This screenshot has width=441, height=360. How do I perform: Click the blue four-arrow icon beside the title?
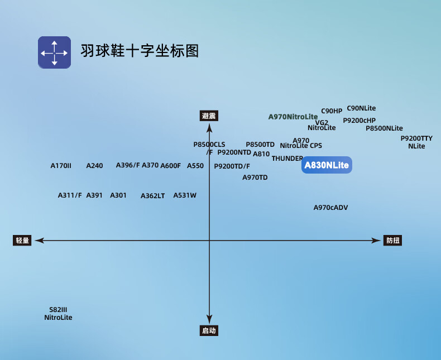pyautogui.click(x=54, y=52)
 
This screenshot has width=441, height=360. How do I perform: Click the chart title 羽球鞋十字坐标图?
pyautogui.click(x=140, y=51)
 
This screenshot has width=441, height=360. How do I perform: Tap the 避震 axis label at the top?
pyautogui.click(x=209, y=116)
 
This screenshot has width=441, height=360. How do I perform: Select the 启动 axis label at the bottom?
pyautogui.click(x=209, y=330)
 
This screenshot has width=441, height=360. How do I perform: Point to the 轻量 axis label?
pyautogui.click(x=22, y=240)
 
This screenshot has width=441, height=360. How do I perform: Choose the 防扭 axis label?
pyautogui.click(x=393, y=241)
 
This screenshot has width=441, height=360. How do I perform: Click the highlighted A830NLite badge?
pyautogui.click(x=327, y=165)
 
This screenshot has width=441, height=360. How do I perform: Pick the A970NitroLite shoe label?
pyautogui.click(x=293, y=117)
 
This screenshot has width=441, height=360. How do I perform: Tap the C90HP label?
pyautogui.click(x=332, y=111)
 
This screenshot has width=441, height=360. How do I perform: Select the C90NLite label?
pyautogui.click(x=361, y=108)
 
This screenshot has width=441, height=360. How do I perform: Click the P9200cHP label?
pyautogui.click(x=359, y=120)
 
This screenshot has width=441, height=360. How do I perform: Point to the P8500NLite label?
pyautogui.click(x=384, y=128)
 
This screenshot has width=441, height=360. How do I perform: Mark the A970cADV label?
pyautogui.click(x=330, y=208)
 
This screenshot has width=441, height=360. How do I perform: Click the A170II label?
pyautogui.click(x=61, y=166)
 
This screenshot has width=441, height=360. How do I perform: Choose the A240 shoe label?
pyautogui.click(x=94, y=166)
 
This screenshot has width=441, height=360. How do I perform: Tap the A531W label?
pyautogui.click(x=185, y=195)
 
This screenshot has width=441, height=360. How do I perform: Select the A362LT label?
pyautogui.click(x=152, y=196)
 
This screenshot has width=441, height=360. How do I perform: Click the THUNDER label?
pyautogui.click(x=287, y=159)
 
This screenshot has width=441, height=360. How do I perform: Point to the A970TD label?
pyautogui.click(x=255, y=177)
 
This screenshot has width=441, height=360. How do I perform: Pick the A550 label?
pyautogui.click(x=195, y=166)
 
